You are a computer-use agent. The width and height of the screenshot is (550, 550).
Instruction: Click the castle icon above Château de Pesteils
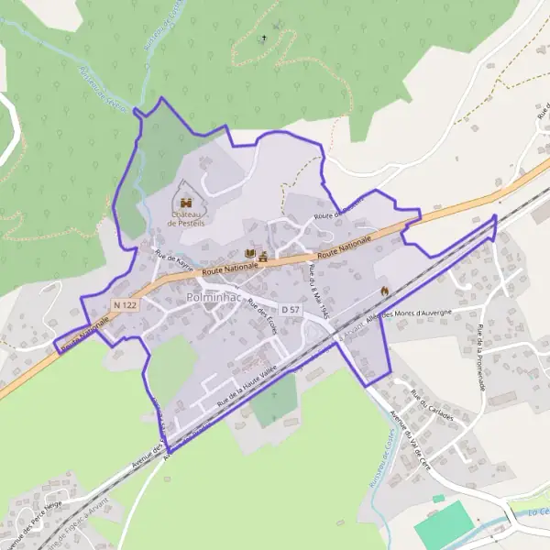pos(185,203)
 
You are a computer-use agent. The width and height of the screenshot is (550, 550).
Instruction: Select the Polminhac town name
pos(214,298)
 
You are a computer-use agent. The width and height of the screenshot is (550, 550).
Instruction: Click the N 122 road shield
pos(126,303)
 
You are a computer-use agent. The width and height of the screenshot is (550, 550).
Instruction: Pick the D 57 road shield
pos(291,310)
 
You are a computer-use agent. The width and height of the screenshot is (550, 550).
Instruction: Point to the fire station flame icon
pos(384,290)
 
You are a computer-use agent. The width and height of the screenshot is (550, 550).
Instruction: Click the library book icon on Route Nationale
pos(250,254)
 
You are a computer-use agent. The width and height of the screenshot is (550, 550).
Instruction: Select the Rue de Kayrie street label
pos(173,261)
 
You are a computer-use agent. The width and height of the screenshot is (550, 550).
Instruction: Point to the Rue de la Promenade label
pos(480,357)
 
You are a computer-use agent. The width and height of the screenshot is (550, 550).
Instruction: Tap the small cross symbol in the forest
pos(264,38)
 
